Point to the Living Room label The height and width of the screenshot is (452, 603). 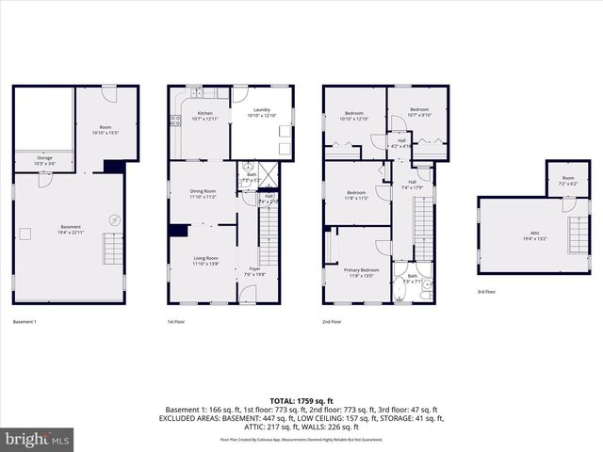(204, 261)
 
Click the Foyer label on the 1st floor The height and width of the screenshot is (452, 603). (254, 271)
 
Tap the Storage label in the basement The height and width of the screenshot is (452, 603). (44, 160)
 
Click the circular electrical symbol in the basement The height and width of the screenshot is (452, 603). (114, 219)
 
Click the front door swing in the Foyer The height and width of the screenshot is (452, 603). (248, 294)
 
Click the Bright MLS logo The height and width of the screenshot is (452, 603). (38, 439)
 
